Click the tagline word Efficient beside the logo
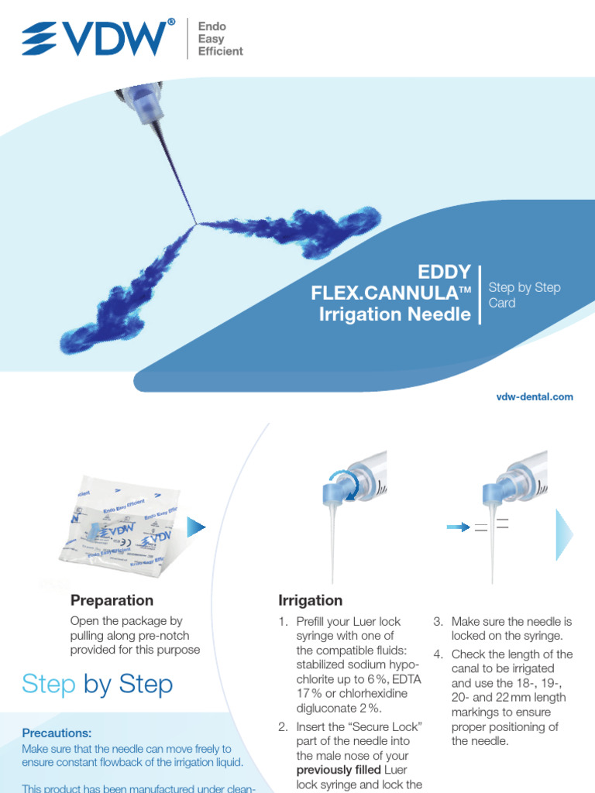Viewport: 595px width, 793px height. (x=221, y=51)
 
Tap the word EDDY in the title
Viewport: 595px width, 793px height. (x=445, y=272)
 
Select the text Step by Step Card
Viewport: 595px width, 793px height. (x=524, y=295)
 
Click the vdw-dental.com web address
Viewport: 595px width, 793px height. (x=535, y=396)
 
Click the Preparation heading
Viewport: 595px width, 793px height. (x=112, y=600)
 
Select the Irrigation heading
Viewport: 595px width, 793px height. (x=310, y=600)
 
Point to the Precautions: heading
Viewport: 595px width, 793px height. (x=57, y=733)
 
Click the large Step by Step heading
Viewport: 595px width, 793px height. (x=97, y=685)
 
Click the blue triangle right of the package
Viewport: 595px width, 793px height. (x=197, y=528)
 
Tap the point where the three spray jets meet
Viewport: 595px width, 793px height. (x=197, y=224)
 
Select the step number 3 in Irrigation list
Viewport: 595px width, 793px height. (x=438, y=622)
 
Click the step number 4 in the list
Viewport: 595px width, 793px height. (x=438, y=654)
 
